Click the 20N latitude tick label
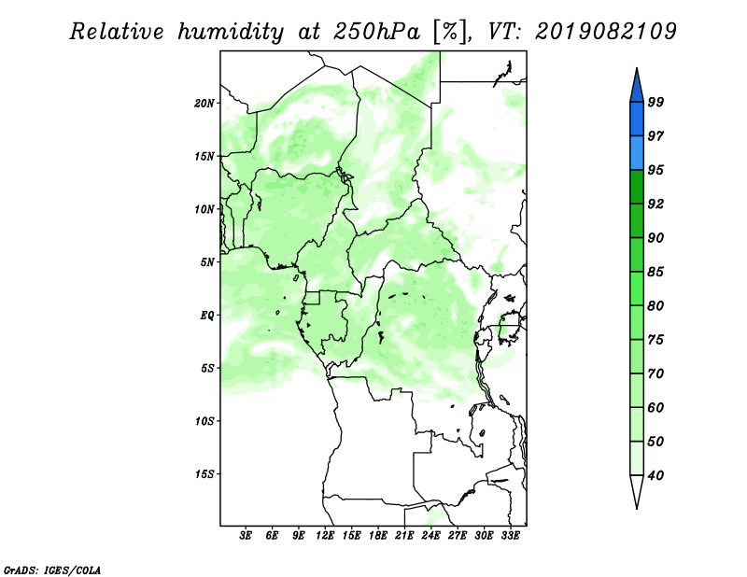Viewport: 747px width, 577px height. pyautogui.click(x=204, y=103)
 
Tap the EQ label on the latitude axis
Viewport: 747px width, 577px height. pyautogui.click(x=206, y=315)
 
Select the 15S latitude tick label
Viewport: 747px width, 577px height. pyautogui.click(x=204, y=474)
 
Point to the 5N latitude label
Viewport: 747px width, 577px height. pyautogui.click(x=207, y=262)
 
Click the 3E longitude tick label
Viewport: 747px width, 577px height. pyautogui.click(x=246, y=535)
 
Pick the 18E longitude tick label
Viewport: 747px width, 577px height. pyautogui.click(x=378, y=535)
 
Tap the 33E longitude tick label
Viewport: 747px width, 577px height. pyautogui.click(x=510, y=535)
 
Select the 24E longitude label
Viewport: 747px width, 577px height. pyautogui.click(x=430, y=535)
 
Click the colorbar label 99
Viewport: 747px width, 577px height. pyautogui.click(x=656, y=102)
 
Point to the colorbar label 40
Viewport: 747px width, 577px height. pyautogui.click(x=656, y=475)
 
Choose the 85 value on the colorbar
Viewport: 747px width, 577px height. pyautogui.click(x=656, y=272)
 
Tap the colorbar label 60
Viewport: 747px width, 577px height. pyautogui.click(x=656, y=407)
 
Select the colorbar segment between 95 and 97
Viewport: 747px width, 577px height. pyautogui.click(x=637, y=153)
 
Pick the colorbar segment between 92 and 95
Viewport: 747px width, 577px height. pyautogui.click(x=637, y=188)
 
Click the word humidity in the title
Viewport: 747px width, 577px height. pyautogui.click(x=231, y=33)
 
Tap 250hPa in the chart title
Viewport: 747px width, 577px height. pyautogui.click(x=376, y=32)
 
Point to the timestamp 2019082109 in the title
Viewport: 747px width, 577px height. pyautogui.click(x=605, y=32)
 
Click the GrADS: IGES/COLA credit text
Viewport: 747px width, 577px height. pyautogui.click(x=52, y=570)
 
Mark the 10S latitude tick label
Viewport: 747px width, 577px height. pyautogui.click(x=204, y=421)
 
